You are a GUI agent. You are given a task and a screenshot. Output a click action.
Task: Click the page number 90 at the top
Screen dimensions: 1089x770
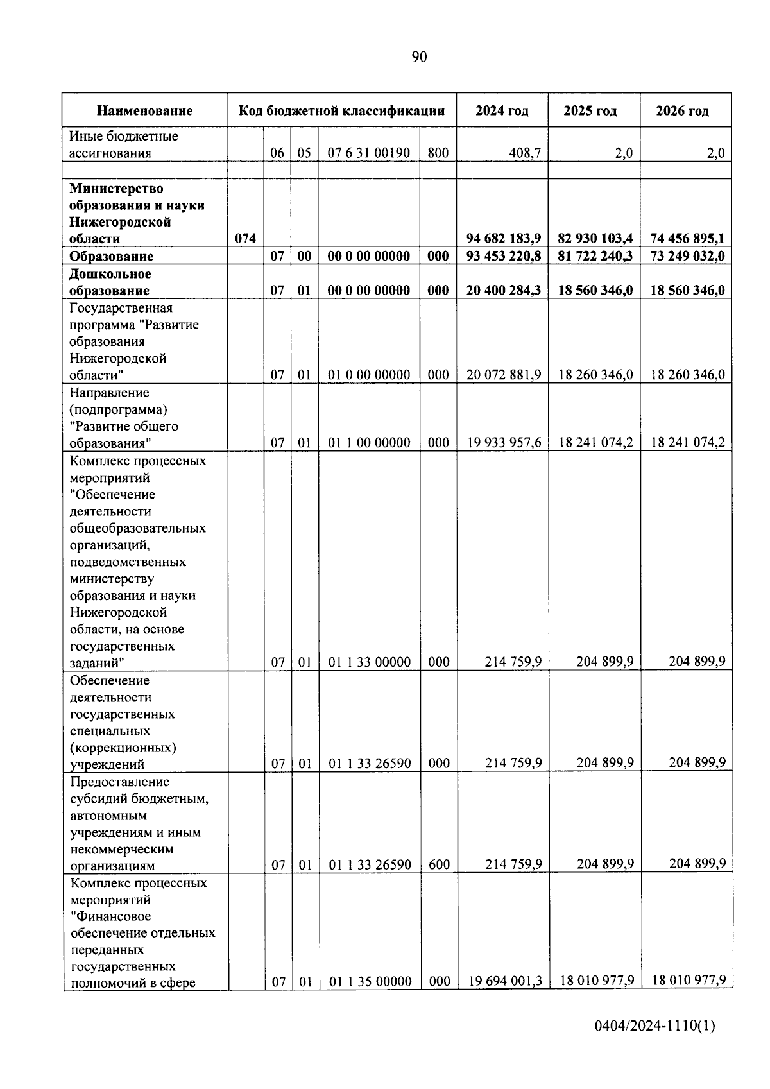418,57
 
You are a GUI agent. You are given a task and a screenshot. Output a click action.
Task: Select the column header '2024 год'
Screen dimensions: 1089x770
502,111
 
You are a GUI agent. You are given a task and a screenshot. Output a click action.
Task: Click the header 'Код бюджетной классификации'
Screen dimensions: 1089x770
341,111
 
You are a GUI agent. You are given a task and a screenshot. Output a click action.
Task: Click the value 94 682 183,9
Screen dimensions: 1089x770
503,239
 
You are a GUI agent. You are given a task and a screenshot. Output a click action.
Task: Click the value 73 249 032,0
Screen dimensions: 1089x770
687,256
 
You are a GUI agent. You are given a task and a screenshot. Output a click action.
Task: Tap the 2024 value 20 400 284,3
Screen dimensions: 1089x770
503,290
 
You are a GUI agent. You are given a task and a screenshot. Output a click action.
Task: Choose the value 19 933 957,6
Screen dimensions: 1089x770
504,442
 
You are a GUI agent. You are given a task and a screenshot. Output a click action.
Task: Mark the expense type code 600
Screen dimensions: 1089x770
439,864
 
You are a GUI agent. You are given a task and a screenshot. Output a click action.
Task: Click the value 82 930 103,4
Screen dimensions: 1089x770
595,239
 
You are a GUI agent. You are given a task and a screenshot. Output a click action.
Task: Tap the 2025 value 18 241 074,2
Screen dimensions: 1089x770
595,442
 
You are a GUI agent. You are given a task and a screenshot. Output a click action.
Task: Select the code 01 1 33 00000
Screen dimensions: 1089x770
369,662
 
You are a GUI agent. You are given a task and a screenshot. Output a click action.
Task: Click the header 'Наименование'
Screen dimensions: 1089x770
144,111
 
